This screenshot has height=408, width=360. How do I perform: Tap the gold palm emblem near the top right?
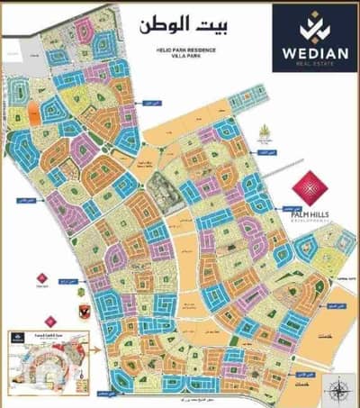(x=265, y=135)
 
